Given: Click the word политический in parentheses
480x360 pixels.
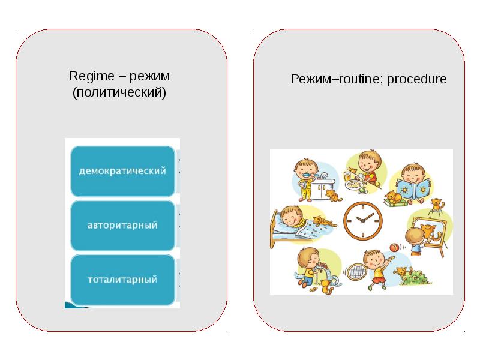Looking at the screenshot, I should click(119, 93).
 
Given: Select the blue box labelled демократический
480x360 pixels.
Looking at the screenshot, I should click(123, 171).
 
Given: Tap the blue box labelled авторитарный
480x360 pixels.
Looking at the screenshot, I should click(123, 226).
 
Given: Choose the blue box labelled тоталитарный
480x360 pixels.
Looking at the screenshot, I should click(123, 280).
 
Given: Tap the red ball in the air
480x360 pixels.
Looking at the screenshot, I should click(394, 247).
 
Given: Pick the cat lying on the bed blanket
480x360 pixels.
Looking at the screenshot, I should click(323, 221).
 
